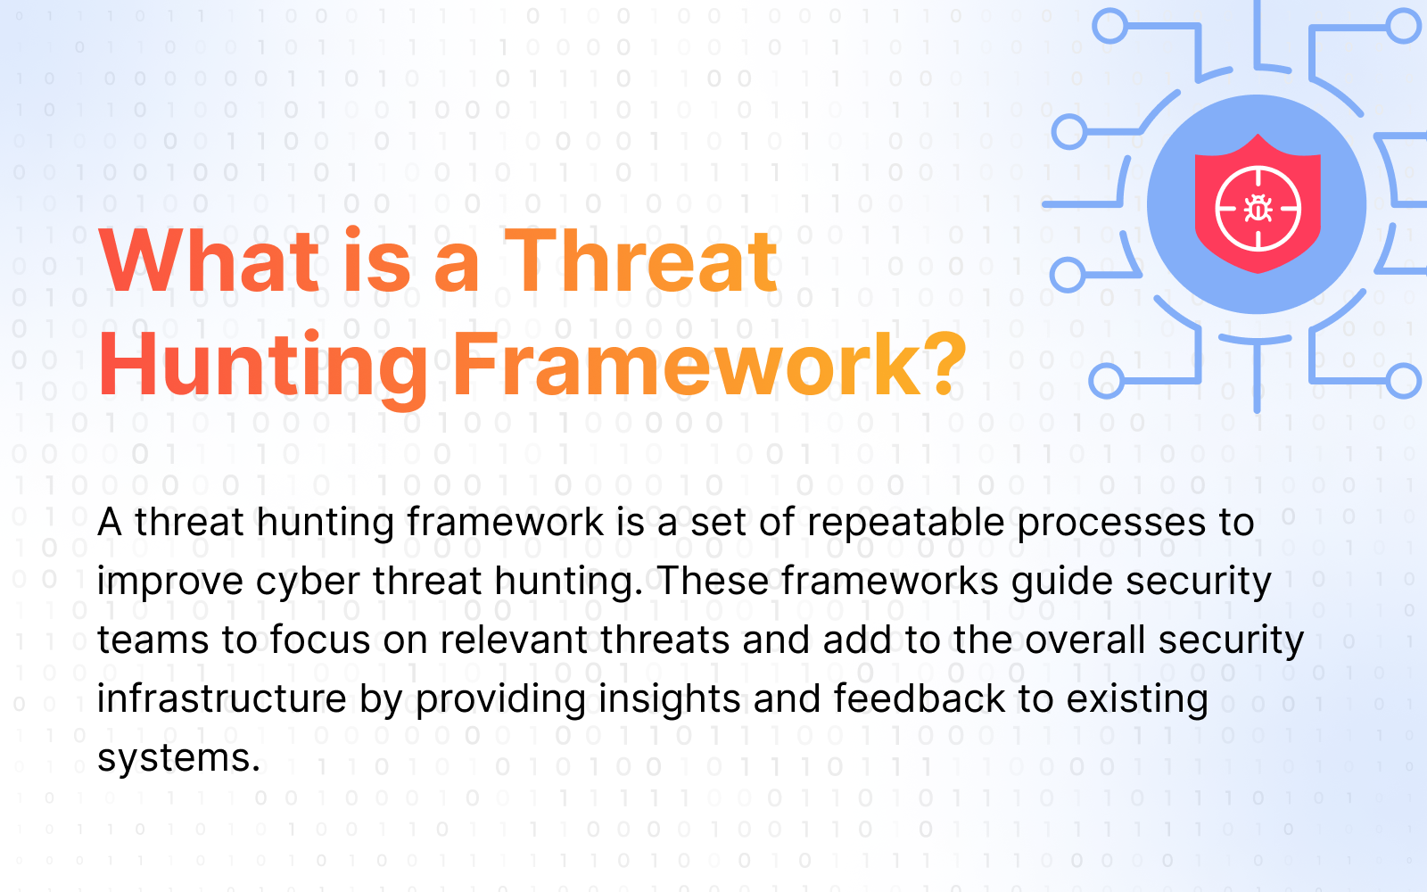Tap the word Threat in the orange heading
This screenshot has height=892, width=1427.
(641, 260)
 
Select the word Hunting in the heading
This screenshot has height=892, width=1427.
(262, 366)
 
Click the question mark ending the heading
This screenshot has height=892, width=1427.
(944, 364)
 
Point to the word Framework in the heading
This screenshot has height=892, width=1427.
(686, 364)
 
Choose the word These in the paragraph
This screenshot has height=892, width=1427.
(713, 581)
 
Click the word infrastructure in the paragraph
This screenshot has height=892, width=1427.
(222, 698)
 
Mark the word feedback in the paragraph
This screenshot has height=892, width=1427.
(919, 698)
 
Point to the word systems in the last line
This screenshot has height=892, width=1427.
(179, 759)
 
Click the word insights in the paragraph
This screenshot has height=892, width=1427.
(669, 699)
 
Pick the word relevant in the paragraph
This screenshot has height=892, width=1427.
(514, 640)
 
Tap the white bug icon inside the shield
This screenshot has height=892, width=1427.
(1258, 209)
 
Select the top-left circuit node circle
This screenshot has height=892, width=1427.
(1109, 26)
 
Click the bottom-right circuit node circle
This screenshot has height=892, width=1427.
(1404, 380)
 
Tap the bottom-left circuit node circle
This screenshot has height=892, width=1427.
(1107, 381)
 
